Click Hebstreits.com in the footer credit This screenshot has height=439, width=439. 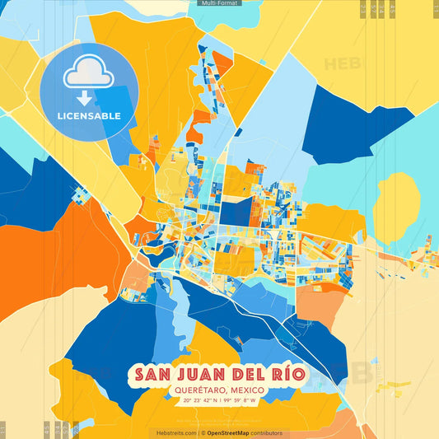(176, 432)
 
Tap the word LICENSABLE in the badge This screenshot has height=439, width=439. (88, 116)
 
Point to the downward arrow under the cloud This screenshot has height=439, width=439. (85, 99)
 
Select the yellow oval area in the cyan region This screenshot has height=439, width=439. (396, 207)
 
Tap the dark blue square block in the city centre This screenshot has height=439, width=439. (235, 212)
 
